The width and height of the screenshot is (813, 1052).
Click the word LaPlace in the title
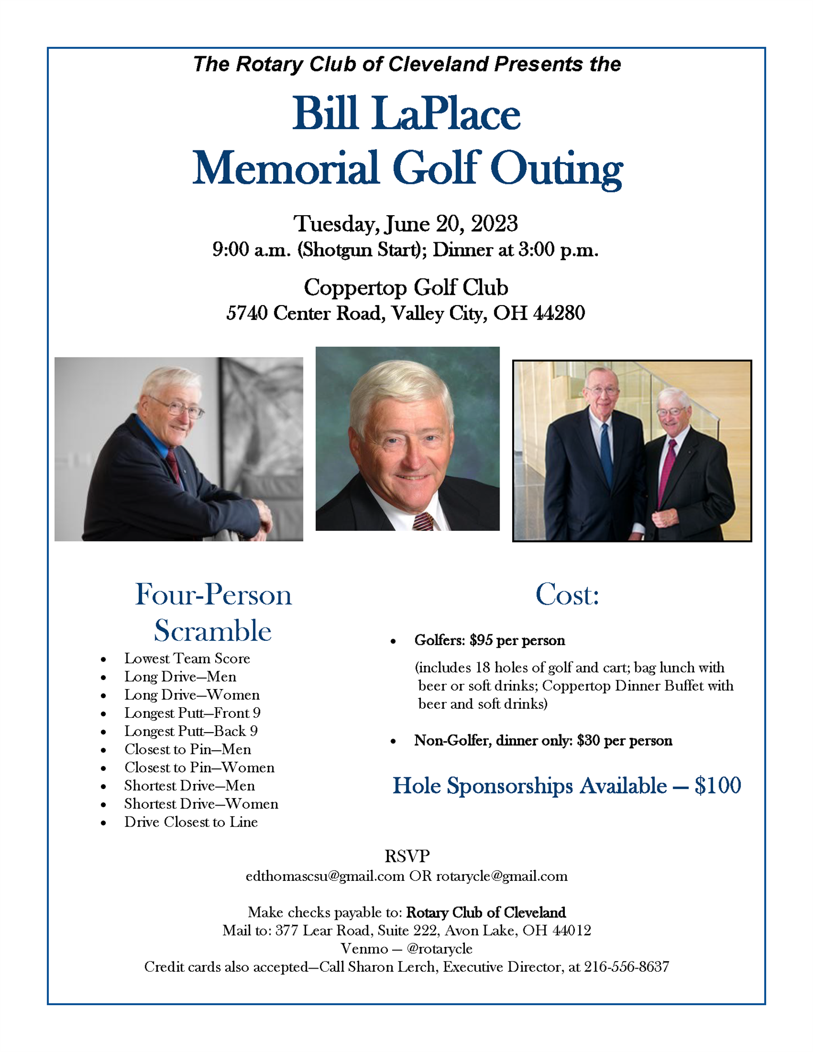[446, 114]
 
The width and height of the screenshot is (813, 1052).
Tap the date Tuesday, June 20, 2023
[405, 224]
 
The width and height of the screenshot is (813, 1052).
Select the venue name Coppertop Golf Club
[405, 287]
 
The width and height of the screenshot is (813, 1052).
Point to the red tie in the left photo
[173, 464]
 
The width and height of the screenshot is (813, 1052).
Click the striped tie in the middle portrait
[423, 521]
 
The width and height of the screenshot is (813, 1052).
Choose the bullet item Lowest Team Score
[187, 658]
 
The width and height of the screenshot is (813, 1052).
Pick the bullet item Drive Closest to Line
[191, 822]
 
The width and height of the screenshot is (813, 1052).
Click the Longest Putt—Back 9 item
[191, 731]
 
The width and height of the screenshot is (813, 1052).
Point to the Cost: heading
[567, 595]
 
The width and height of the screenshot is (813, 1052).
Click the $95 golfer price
[481, 640]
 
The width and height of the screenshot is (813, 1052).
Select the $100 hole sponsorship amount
[717, 786]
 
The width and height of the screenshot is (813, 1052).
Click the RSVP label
[406, 856]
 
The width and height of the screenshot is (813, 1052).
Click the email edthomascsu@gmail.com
[325, 876]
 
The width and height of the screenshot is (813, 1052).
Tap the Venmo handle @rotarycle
[439, 948]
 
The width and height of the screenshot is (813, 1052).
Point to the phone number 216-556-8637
[626, 967]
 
